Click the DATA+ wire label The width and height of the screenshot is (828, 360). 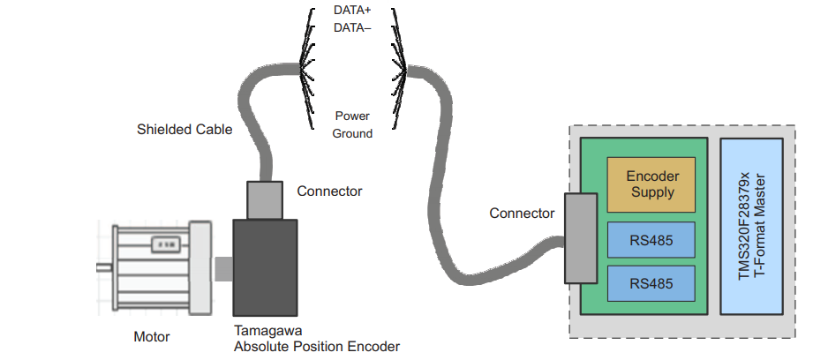pyautogui.click(x=352, y=11)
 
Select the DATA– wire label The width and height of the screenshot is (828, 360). pyautogui.click(x=352, y=27)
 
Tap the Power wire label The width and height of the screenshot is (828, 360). pyautogui.click(x=352, y=116)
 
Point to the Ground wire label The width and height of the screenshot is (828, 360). pyautogui.click(x=352, y=133)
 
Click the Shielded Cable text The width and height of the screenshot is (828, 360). pyautogui.click(x=184, y=130)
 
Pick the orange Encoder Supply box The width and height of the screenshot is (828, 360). pyautogui.click(x=651, y=184)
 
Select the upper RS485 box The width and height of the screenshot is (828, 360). pyautogui.click(x=651, y=238)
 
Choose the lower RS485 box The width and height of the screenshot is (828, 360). pyautogui.click(x=651, y=283)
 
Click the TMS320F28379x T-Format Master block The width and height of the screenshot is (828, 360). pyautogui.click(x=751, y=226)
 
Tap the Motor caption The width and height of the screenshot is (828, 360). pyautogui.click(x=151, y=337)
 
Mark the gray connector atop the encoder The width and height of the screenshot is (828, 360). pyautogui.click(x=264, y=199)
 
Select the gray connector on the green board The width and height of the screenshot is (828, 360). pyautogui.click(x=580, y=238)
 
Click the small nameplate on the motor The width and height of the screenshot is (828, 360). pyautogui.click(x=163, y=244)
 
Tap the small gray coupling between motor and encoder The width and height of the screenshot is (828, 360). pyautogui.click(x=223, y=269)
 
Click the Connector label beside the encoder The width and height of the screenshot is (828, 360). pyautogui.click(x=329, y=191)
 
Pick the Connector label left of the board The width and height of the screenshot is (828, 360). pyautogui.click(x=522, y=214)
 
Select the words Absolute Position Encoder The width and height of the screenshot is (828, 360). pyautogui.click(x=317, y=346)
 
